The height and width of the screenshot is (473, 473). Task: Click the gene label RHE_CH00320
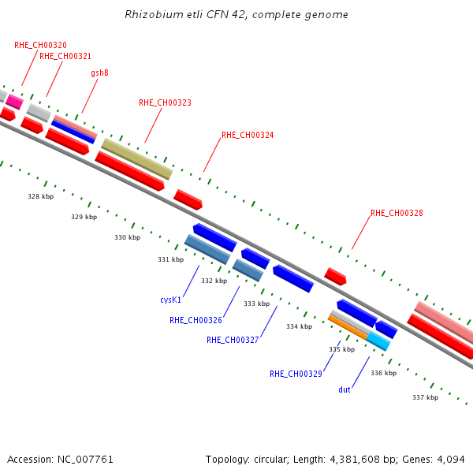point(40,45)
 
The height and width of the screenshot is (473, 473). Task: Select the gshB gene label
point(99,73)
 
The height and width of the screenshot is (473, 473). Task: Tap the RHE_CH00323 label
point(165,102)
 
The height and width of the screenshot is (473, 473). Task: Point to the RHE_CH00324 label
point(248,135)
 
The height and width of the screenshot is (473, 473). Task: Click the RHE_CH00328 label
point(397,214)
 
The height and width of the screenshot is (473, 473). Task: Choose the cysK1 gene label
point(171,300)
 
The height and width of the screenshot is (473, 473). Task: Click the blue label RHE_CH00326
point(196,320)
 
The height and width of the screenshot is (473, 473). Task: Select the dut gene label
point(345,389)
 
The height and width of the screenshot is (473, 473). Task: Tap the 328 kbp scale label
point(41,196)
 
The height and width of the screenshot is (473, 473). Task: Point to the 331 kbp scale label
point(171,259)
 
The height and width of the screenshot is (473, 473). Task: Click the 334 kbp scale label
point(300,326)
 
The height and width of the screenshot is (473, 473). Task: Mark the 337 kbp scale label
point(426,397)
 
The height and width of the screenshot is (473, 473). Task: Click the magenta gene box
point(14,102)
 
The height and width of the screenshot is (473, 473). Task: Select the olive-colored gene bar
point(137,159)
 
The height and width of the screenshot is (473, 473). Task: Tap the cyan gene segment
point(378,341)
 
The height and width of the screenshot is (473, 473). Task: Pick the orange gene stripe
point(348,327)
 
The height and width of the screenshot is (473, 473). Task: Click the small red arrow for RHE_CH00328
point(335,277)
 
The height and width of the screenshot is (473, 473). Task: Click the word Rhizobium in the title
point(155,14)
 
